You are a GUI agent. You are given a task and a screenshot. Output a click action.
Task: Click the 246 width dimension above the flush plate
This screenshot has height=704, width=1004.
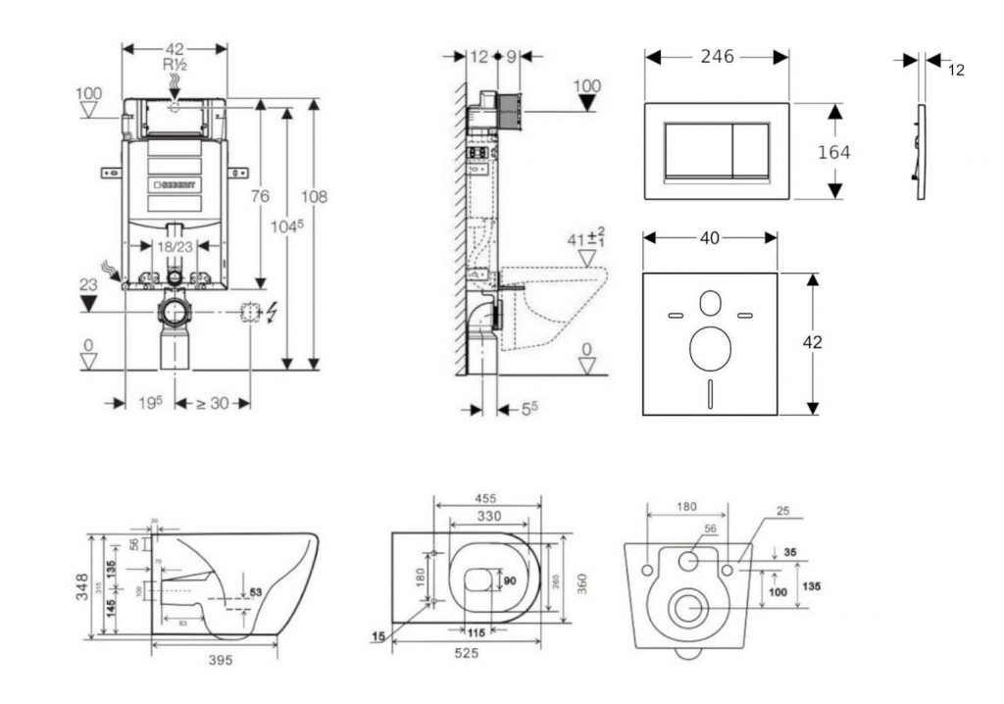(717, 57)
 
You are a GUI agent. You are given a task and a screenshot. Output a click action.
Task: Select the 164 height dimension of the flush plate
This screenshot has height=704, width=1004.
(833, 152)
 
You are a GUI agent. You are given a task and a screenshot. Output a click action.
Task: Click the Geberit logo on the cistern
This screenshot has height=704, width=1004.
(174, 184)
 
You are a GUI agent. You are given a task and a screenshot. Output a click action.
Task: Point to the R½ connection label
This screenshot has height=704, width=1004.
(175, 64)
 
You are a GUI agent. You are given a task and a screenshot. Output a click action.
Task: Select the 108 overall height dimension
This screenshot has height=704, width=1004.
(314, 197)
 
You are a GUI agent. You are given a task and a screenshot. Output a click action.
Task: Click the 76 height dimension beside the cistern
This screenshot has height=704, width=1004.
(259, 196)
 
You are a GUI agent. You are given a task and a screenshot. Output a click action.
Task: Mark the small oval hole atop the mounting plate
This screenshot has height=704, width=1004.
(710, 303)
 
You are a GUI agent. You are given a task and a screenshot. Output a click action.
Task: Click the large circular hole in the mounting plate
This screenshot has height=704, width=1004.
(710, 349)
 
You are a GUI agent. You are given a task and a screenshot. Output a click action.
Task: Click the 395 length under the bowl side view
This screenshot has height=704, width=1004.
(221, 660)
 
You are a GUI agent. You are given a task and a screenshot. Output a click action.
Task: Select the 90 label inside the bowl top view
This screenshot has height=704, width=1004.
(509, 580)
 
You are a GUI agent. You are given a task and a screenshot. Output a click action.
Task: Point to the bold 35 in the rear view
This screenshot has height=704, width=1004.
(790, 552)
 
